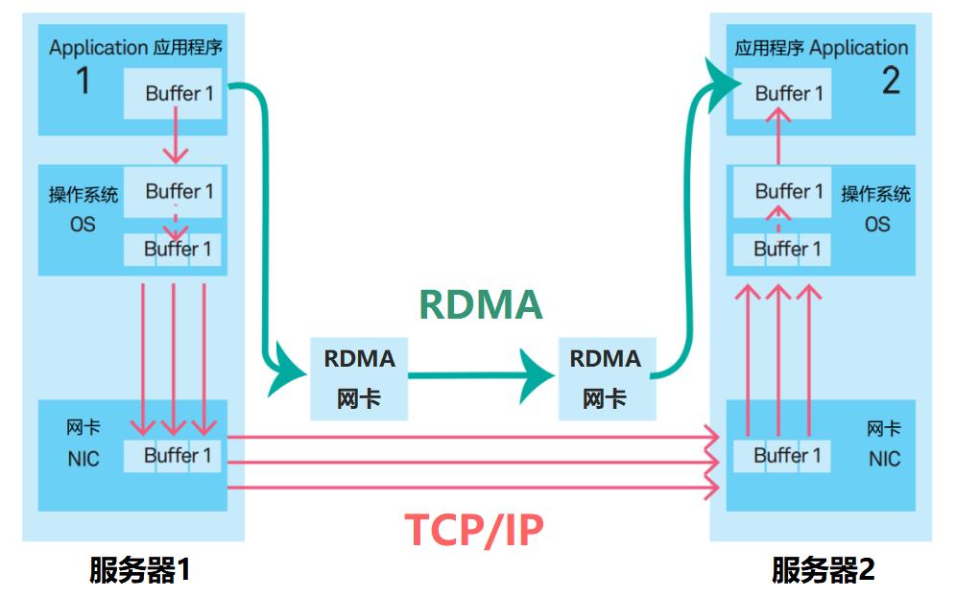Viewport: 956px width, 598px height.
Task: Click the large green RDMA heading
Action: (x=480, y=305)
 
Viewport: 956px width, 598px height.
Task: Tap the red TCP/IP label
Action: (x=474, y=529)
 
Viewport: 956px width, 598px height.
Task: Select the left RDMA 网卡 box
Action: (x=359, y=378)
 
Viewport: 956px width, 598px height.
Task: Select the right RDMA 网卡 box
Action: (x=605, y=378)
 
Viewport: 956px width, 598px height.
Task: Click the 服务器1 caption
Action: (x=140, y=571)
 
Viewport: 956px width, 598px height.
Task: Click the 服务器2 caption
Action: (x=824, y=571)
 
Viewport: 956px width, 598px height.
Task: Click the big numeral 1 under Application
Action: (x=84, y=83)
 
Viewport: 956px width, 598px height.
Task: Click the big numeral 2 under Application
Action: (x=891, y=83)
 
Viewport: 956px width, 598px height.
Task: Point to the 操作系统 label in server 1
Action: (x=84, y=195)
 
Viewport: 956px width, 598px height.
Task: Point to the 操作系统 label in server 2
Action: (x=876, y=195)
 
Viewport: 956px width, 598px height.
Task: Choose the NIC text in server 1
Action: (x=83, y=459)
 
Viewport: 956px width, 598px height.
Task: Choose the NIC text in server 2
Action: (x=884, y=459)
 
